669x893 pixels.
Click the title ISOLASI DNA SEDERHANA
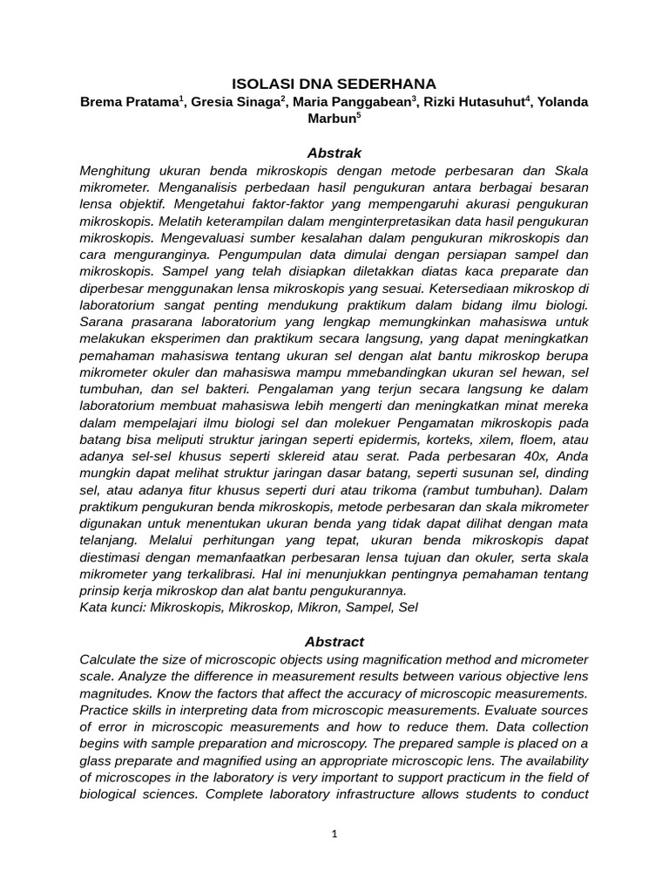[x=334, y=84]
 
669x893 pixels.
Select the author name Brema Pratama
[x=129, y=102]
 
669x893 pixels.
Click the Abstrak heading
[x=334, y=153]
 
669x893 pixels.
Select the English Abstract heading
[x=334, y=641]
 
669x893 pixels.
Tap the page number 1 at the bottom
[x=334, y=834]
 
